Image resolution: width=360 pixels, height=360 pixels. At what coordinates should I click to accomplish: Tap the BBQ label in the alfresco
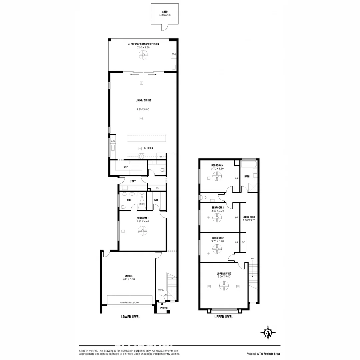pyautogui.click(x=174, y=54)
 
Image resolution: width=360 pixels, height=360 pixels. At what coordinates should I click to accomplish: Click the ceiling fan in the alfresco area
pyautogui.click(x=143, y=55)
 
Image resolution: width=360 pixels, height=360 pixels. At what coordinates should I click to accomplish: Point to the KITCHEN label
pyautogui.click(x=149, y=148)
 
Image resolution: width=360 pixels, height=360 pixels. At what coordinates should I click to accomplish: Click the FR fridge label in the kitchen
pyautogui.click(x=161, y=157)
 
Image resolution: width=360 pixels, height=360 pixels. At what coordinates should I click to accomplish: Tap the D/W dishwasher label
pyautogui.click(x=113, y=141)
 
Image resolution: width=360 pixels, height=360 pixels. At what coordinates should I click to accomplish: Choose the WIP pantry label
pyautogui.click(x=126, y=166)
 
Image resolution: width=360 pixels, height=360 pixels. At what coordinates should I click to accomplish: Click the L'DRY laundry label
pyautogui.click(x=133, y=181)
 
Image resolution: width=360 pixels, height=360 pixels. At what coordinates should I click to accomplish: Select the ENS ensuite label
pyautogui.click(x=129, y=200)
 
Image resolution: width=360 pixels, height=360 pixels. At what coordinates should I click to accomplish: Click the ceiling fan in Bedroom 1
pyautogui.click(x=143, y=231)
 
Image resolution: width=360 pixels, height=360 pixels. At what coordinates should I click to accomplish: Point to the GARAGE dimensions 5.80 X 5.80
pyautogui.click(x=129, y=279)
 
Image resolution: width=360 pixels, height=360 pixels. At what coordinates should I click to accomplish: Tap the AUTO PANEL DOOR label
pyautogui.click(x=130, y=303)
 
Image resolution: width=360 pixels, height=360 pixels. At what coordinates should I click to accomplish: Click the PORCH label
pyautogui.click(x=164, y=308)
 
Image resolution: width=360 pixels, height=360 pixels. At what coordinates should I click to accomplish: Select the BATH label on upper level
pyautogui.click(x=247, y=176)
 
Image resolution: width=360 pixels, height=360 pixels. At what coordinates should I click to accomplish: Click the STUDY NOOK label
pyautogui.click(x=249, y=217)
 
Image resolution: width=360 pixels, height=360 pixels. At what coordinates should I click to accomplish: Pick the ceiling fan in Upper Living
pyautogui.click(x=224, y=286)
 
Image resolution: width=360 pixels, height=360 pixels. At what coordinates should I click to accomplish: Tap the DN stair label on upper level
pyautogui.click(x=253, y=259)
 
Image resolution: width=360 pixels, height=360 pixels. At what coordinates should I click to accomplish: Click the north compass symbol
pyautogui.click(x=268, y=332)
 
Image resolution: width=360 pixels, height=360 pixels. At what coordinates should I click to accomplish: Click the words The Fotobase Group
pyautogui.click(x=270, y=354)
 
